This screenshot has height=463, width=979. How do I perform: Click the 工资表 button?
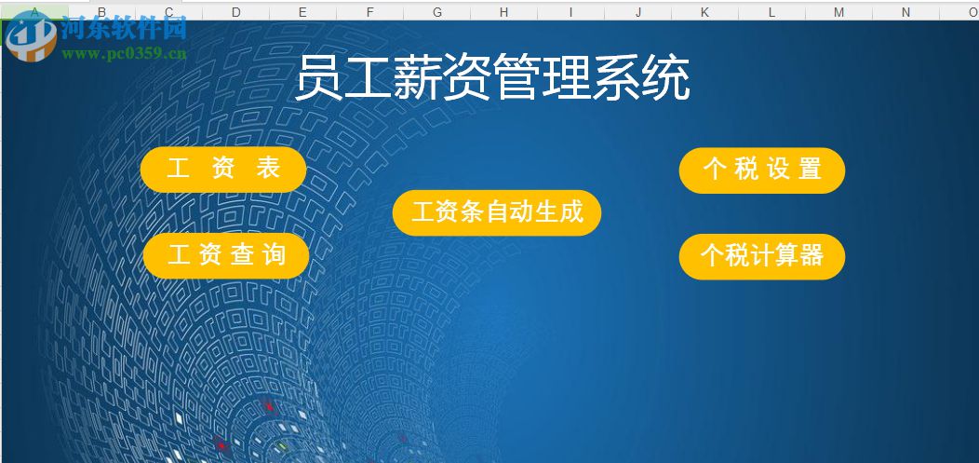(x=223, y=169)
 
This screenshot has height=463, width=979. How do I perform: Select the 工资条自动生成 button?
(x=497, y=212)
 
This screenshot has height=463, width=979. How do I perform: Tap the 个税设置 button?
(x=762, y=170)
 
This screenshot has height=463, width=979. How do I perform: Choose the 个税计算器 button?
(x=762, y=256)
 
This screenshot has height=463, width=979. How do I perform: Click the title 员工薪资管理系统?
(x=492, y=78)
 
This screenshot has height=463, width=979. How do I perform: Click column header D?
(x=236, y=12)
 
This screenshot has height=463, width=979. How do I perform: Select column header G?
(x=436, y=12)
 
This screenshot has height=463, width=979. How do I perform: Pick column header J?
(x=638, y=12)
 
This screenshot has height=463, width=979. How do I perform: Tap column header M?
(x=838, y=12)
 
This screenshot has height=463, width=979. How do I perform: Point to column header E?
(x=303, y=12)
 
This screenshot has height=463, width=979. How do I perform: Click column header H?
(x=503, y=12)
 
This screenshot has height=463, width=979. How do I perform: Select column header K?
(x=704, y=12)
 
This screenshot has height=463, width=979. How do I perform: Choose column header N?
(x=905, y=12)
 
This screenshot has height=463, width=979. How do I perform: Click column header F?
(x=369, y=12)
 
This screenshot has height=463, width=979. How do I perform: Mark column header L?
(x=771, y=12)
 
